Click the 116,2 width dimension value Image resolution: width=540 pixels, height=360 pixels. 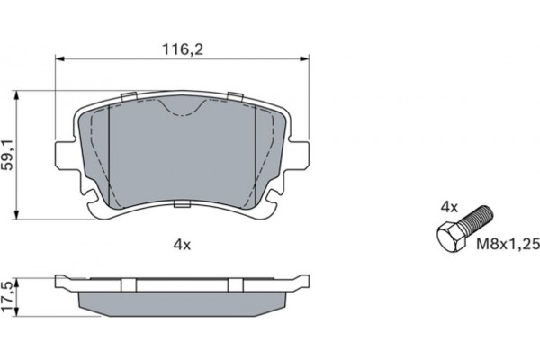click(x=183, y=49)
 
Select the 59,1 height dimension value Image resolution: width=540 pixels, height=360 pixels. click(x=8, y=155)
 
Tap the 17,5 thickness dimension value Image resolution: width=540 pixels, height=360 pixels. click(x=7, y=297)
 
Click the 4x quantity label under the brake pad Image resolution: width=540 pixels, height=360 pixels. click(x=182, y=245)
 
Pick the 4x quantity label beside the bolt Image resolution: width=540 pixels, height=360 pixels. click(x=450, y=207)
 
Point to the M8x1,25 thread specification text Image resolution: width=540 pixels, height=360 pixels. click(x=508, y=244)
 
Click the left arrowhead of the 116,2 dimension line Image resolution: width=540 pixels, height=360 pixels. click(x=60, y=58)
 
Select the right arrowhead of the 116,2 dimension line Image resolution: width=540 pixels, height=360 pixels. click(x=304, y=58)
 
